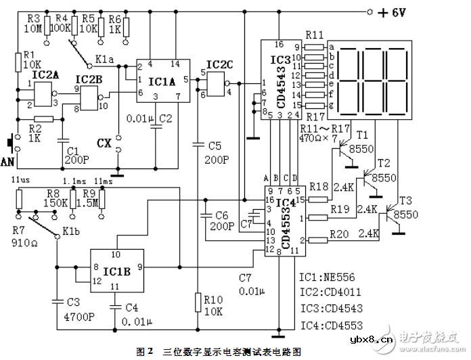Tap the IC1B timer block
pos(117,271)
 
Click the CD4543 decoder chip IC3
pos(281,78)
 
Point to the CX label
pos(104,143)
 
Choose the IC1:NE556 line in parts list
pos(326,277)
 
